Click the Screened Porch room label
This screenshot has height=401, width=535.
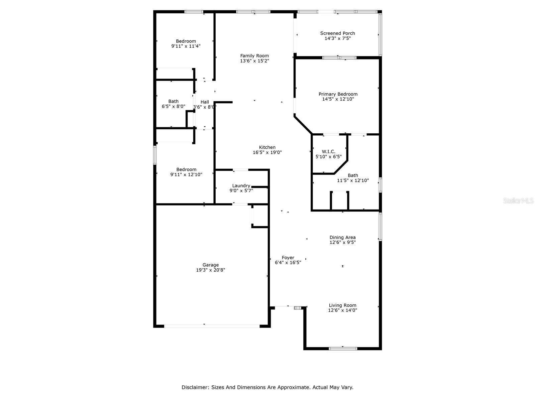[x=337, y=33]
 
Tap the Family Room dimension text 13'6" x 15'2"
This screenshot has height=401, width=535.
[x=254, y=61]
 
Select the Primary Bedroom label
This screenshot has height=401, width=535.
[x=338, y=94]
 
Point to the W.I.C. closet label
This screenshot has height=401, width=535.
[x=328, y=151]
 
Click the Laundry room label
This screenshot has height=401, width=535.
[x=241, y=186]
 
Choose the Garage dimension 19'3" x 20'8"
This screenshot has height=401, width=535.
[x=210, y=270]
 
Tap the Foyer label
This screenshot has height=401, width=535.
[x=288, y=258]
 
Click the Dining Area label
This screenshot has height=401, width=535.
[x=342, y=238]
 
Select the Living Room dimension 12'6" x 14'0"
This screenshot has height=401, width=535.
[x=342, y=310]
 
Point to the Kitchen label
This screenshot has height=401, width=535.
[x=267, y=147]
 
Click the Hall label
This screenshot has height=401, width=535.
[x=205, y=102]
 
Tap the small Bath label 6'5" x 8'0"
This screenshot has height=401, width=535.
[x=173, y=101]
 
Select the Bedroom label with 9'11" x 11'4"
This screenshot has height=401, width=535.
[x=186, y=41]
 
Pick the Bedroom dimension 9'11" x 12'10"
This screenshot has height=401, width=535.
[x=186, y=174]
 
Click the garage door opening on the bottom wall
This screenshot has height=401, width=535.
[x=211, y=326]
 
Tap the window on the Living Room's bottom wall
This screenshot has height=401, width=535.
[x=343, y=349]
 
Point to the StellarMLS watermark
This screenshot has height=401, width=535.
[x=519, y=200]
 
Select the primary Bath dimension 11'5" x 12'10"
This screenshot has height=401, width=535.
[x=353, y=180]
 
